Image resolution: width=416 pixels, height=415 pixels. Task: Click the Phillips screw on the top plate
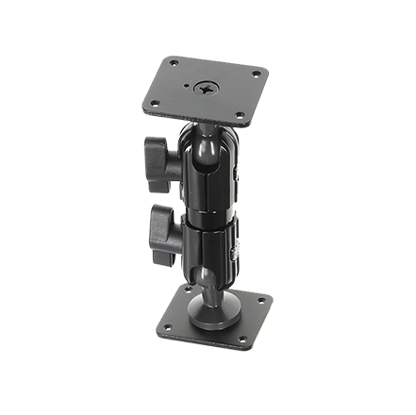coord(206,89)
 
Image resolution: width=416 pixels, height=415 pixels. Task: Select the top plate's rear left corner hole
coord(173,64)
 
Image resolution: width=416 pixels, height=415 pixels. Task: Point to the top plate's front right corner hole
coord(239,117)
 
